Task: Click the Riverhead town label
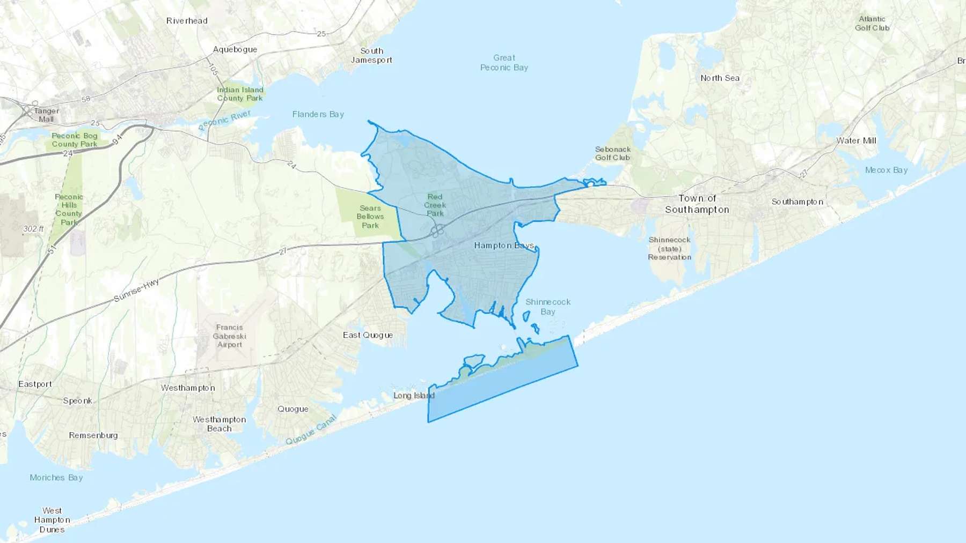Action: [x=187, y=21]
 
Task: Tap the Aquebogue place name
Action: [x=235, y=49]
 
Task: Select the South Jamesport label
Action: [x=371, y=55]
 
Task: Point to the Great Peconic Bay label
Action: [x=504, y=62]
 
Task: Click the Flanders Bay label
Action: [x=318, y=114]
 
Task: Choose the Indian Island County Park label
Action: [x=240, y=94]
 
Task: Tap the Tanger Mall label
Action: [x=46, y=115]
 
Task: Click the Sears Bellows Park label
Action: [x=370, y=217]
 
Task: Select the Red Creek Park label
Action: [x=435, y=205]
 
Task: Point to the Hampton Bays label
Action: [x=504, y=246]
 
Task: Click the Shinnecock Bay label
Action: [x=548, y=307]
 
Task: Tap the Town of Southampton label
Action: [x=697, y=204]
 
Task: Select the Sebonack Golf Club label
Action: [x=613, y=153]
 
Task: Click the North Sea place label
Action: [x=720, y=78]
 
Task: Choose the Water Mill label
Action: [x=856, y=141]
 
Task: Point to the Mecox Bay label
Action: [x=886, y=170]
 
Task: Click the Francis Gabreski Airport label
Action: [x=230, y=336]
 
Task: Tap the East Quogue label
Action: [x=368, y=335]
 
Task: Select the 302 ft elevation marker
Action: [x=33, y=229]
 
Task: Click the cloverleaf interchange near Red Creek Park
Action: [x=438, y=230]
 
